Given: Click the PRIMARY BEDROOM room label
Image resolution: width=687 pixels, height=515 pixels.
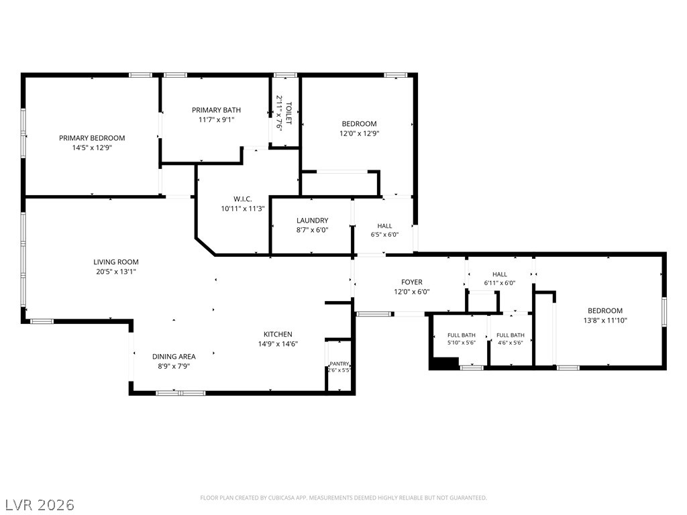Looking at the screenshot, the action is click(92, 138).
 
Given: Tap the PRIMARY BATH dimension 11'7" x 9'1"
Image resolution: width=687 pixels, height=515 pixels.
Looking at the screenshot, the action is click(217, 119).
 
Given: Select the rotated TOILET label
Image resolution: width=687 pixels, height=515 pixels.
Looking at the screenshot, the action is click(288, 113).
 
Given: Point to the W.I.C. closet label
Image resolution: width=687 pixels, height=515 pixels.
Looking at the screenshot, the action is click(243, 199).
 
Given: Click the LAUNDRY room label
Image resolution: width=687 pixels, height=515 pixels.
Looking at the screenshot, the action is click(313, 220).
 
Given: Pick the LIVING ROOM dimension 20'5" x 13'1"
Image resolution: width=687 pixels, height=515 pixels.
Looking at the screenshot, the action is click(116, 272).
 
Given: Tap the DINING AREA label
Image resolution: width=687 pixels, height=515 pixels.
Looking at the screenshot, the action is click(174, 357).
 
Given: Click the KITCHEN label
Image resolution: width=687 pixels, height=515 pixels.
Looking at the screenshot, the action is click(278, 334).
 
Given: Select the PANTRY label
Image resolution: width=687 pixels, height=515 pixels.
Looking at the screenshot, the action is click(339, 363).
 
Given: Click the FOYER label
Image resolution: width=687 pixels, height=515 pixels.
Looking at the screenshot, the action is click(412, 282).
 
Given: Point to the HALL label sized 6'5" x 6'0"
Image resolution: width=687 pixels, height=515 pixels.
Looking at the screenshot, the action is click(384, 226).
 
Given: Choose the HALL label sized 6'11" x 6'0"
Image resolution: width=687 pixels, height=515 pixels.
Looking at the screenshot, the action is click(499, 274).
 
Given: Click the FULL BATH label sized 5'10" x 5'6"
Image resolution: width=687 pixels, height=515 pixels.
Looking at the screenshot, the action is click(462, 335).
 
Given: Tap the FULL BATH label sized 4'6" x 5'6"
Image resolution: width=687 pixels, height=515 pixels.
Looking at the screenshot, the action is click(511, 335).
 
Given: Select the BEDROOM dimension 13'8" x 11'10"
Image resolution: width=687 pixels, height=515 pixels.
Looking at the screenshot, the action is click(605, 320).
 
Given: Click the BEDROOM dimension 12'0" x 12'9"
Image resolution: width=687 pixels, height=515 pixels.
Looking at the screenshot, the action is click(360, 133).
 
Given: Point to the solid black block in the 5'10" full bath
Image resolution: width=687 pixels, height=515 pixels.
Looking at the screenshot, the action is click(444, 363).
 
